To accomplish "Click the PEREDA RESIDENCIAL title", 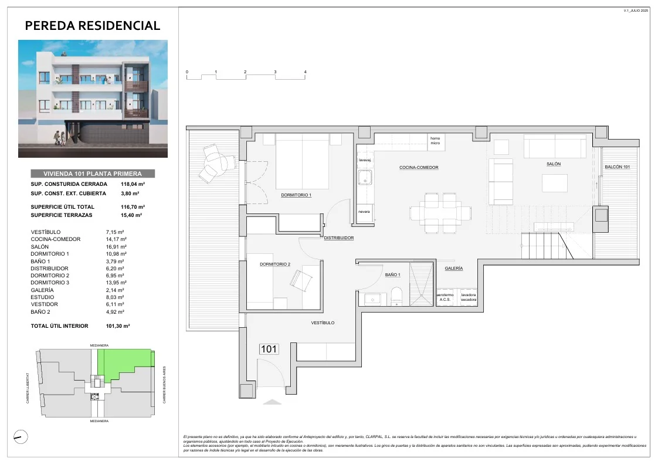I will pyautogui.click(x=93, y=26).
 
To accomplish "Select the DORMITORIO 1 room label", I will pyautogui.click(x=296, y=195).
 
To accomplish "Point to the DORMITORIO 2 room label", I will pyautogui.click(x=274, y=264).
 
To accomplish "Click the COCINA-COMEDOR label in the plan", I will pyautogui.click(x=419, y=168).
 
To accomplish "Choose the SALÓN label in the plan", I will pyautogui.click(x=553, y=164).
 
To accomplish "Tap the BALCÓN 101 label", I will pyautogui.click(x=617, y=168).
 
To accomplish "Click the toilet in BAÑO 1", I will pyautogui.click(x=396, y=296).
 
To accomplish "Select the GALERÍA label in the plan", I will pyautogui.click(x=453, y=269).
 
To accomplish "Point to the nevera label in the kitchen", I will pyautogui.click(x=364, y=212).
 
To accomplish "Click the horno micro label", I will pyautogui.click(x=435, y=141).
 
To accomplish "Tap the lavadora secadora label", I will pyautogui.click(x=468, y=297).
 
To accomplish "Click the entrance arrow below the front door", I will pyautogui.click(x=272, y=402).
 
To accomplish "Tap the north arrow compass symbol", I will pyautogui.click(x=21, y=436).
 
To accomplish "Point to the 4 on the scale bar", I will pyautogui.click(x=305, y=72).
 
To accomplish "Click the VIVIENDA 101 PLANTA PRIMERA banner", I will pyautogui.click(x=93, y=174).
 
